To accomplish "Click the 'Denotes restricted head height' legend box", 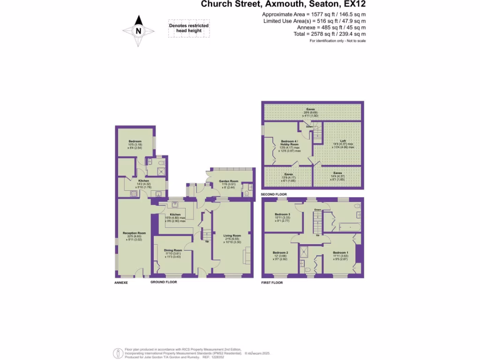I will pyautogui.click(x=189, y=28).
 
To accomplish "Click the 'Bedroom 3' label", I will pyautogui.click(x=282, y=216).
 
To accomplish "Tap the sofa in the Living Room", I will pyautogui.click(x=247, y=257).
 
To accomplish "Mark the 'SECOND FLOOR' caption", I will pyautogui.click(x=274, y=194).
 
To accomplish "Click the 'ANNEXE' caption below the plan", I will pyautogui.click(x=121, y=283).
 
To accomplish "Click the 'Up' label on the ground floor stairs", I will pyautogui.click(x=207, y=242).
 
